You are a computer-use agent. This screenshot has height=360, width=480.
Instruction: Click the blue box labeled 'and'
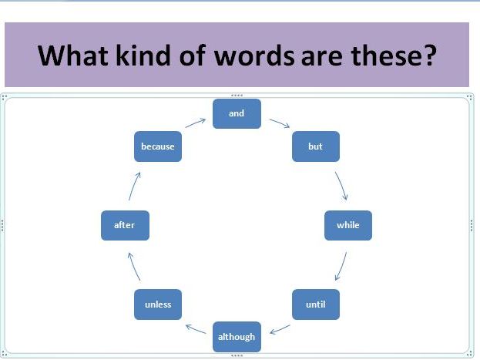coord(237,113)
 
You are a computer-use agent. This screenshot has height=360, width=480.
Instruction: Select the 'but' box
coord(316,146)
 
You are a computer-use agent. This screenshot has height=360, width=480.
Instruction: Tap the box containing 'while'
coord(348,226)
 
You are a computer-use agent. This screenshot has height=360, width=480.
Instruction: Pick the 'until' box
coord(316,304)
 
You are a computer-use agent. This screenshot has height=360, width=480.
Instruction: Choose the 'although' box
coord(237,337)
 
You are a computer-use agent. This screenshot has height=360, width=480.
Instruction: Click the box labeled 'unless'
coord(158,304)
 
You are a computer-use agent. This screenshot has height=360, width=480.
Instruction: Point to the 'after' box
coord(126,226)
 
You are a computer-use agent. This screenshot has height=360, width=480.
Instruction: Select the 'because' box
coord(158,146)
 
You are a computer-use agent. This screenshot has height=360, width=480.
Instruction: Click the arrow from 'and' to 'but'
coord(280,123)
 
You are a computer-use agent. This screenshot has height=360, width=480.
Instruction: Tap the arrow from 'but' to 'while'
coord(342,186)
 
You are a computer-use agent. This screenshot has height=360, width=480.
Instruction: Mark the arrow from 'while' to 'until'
coord(341,266)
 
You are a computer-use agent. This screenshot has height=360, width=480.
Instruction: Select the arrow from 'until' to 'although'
coord(280,330)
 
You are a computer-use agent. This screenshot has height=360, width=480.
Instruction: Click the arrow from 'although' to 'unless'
coord(196,329)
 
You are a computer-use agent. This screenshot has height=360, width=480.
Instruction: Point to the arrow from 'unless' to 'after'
coord(133,267)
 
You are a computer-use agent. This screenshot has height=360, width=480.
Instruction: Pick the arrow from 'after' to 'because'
coord(134,187)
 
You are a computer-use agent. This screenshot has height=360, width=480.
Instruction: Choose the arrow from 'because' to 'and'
coord(195,123)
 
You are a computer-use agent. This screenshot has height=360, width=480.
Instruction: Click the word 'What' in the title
coord(73,56)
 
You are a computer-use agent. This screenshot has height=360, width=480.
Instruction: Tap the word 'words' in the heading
coord(254,56)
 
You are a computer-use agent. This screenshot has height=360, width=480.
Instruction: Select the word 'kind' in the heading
coord(143,56)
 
